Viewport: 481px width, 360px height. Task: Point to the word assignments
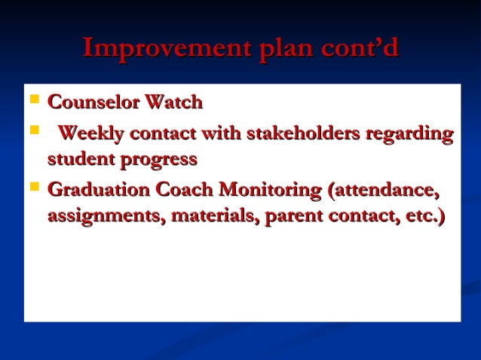106,217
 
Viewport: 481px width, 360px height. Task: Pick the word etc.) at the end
420,217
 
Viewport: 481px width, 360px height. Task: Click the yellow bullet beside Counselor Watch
33,100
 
